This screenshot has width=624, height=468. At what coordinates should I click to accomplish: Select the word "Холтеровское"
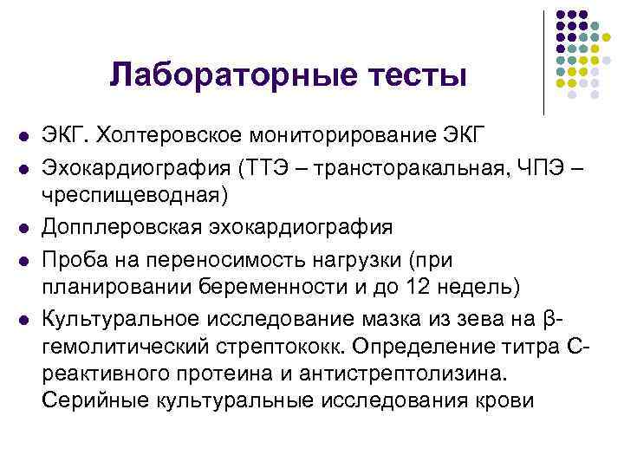point(178,136)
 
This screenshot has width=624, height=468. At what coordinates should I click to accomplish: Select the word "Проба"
point(75,257)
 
